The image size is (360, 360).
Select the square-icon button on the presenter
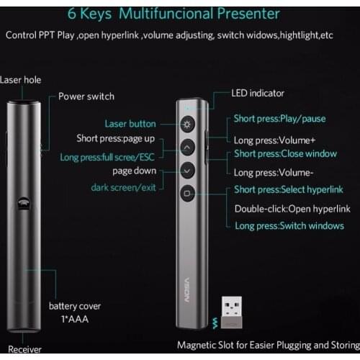point(187,192)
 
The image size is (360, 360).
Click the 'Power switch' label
point(86,96)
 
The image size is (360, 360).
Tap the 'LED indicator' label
point(258,93)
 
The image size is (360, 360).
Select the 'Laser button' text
point(130,124)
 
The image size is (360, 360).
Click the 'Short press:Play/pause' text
point(281,119)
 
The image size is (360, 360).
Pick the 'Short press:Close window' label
point(285,153)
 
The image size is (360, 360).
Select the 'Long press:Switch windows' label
point(289,226)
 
